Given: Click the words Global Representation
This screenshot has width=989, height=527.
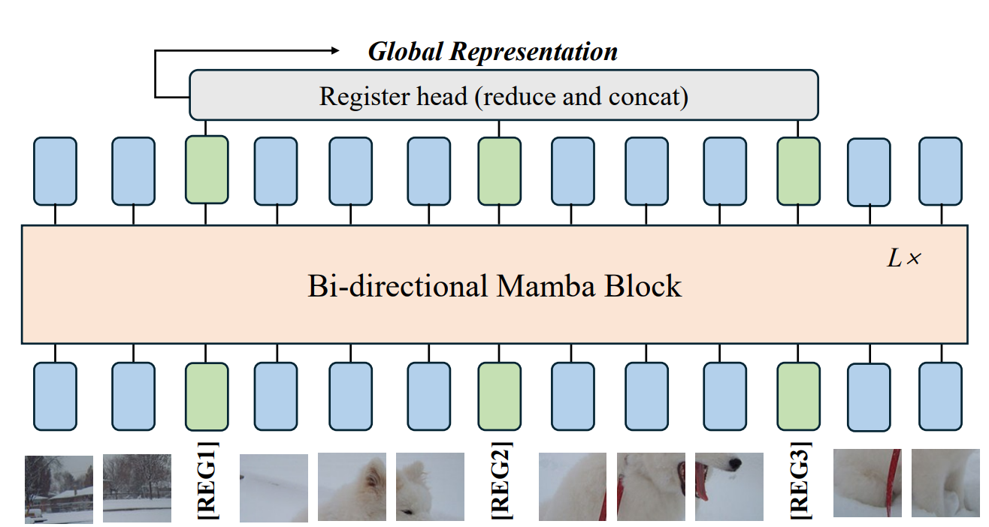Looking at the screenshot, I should click(x=492, y=52).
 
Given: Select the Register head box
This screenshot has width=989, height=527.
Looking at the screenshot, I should click(x=503, y=95).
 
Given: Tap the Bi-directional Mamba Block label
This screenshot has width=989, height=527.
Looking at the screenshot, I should click(x=494, y=287).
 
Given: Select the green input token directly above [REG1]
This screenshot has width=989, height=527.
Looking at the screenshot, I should click(x=207, y=396).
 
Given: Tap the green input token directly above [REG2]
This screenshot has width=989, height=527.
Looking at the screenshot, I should click(x=500, y=396).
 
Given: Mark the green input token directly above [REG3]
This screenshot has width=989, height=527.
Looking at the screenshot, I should click(x=798, y=396).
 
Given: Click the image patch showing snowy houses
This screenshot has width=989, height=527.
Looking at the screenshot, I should click(x=59, y=489).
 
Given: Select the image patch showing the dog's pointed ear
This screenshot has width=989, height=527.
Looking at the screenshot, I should click(x=352, y=486).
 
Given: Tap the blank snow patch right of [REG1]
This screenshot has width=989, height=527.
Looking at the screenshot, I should click(x=274, y=487).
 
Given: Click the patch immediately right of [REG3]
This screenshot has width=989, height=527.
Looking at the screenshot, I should click(x=867, y=483).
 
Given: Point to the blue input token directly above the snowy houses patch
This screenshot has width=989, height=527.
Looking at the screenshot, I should click(x=55, y=396).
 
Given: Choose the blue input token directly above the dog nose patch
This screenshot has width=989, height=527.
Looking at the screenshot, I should click(x=724, y=396).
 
